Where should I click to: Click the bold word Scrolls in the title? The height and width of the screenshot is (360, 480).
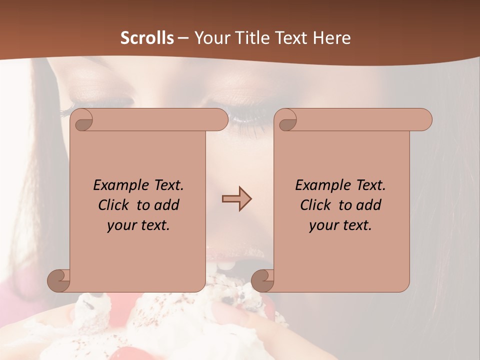(147, 38)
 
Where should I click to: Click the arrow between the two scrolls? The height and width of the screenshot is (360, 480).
(236, 199)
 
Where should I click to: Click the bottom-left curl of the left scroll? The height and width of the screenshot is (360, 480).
(59, 281)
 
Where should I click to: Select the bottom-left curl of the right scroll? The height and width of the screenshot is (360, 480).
(262, 281)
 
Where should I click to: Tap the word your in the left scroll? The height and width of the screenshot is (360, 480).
(121, 225)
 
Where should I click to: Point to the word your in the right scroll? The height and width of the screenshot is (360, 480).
(323, 225)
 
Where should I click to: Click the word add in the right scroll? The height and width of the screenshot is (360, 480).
(368, 205)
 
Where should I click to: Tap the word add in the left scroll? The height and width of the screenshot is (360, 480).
(166, 205)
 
